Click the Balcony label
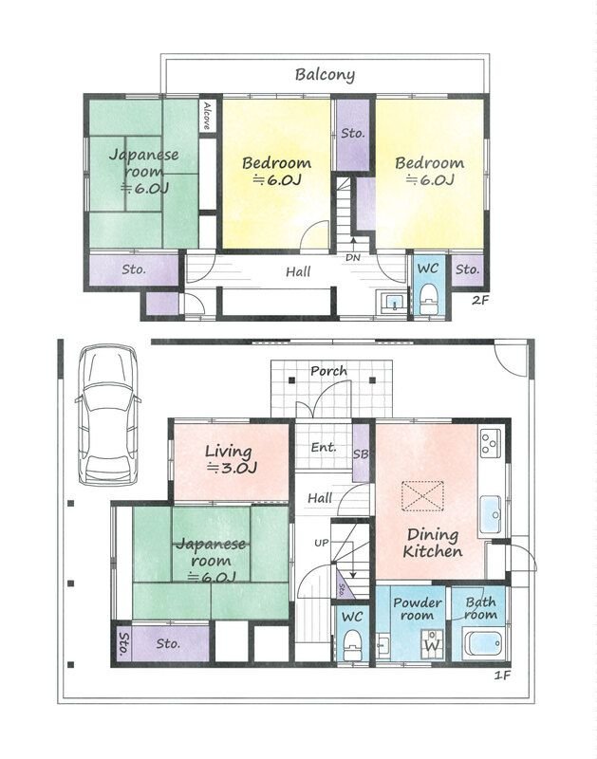click(x=325, y=75)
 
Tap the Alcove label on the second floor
click(x=207, y=115)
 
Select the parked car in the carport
click(x=107, y=415)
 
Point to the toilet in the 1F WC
click(x=352, y=644)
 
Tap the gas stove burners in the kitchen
click(x=491, y=443)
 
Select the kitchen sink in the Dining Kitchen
click(x=491, y=514)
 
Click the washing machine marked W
click(x=433, y=644)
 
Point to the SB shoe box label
click(x=361, y=454)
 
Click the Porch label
click(x=328, y=371)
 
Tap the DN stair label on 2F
click(x=353, y=258)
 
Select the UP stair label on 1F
click(x=322, y=543)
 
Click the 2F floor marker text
click(x=480, y=300)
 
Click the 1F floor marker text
click(x=503, y=675)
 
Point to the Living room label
click(x=230, y=459)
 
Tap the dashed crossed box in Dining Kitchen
click(x=422, y=495)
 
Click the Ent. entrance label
click(x=324, y=447)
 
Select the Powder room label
click(x=417, y=609)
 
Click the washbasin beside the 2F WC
click(x=394, y=303)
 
